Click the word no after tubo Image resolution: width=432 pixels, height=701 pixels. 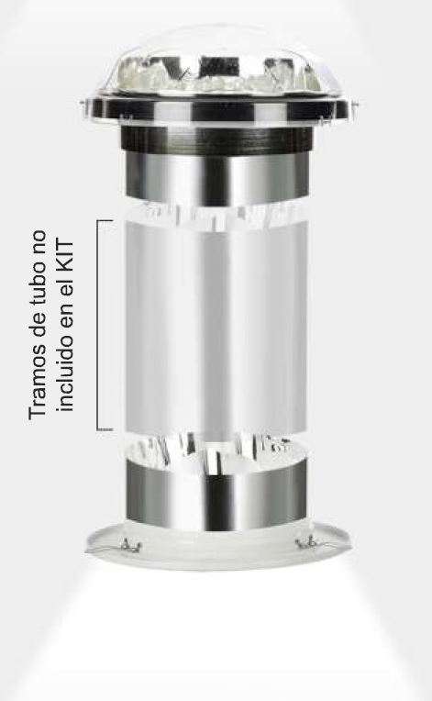38,242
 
